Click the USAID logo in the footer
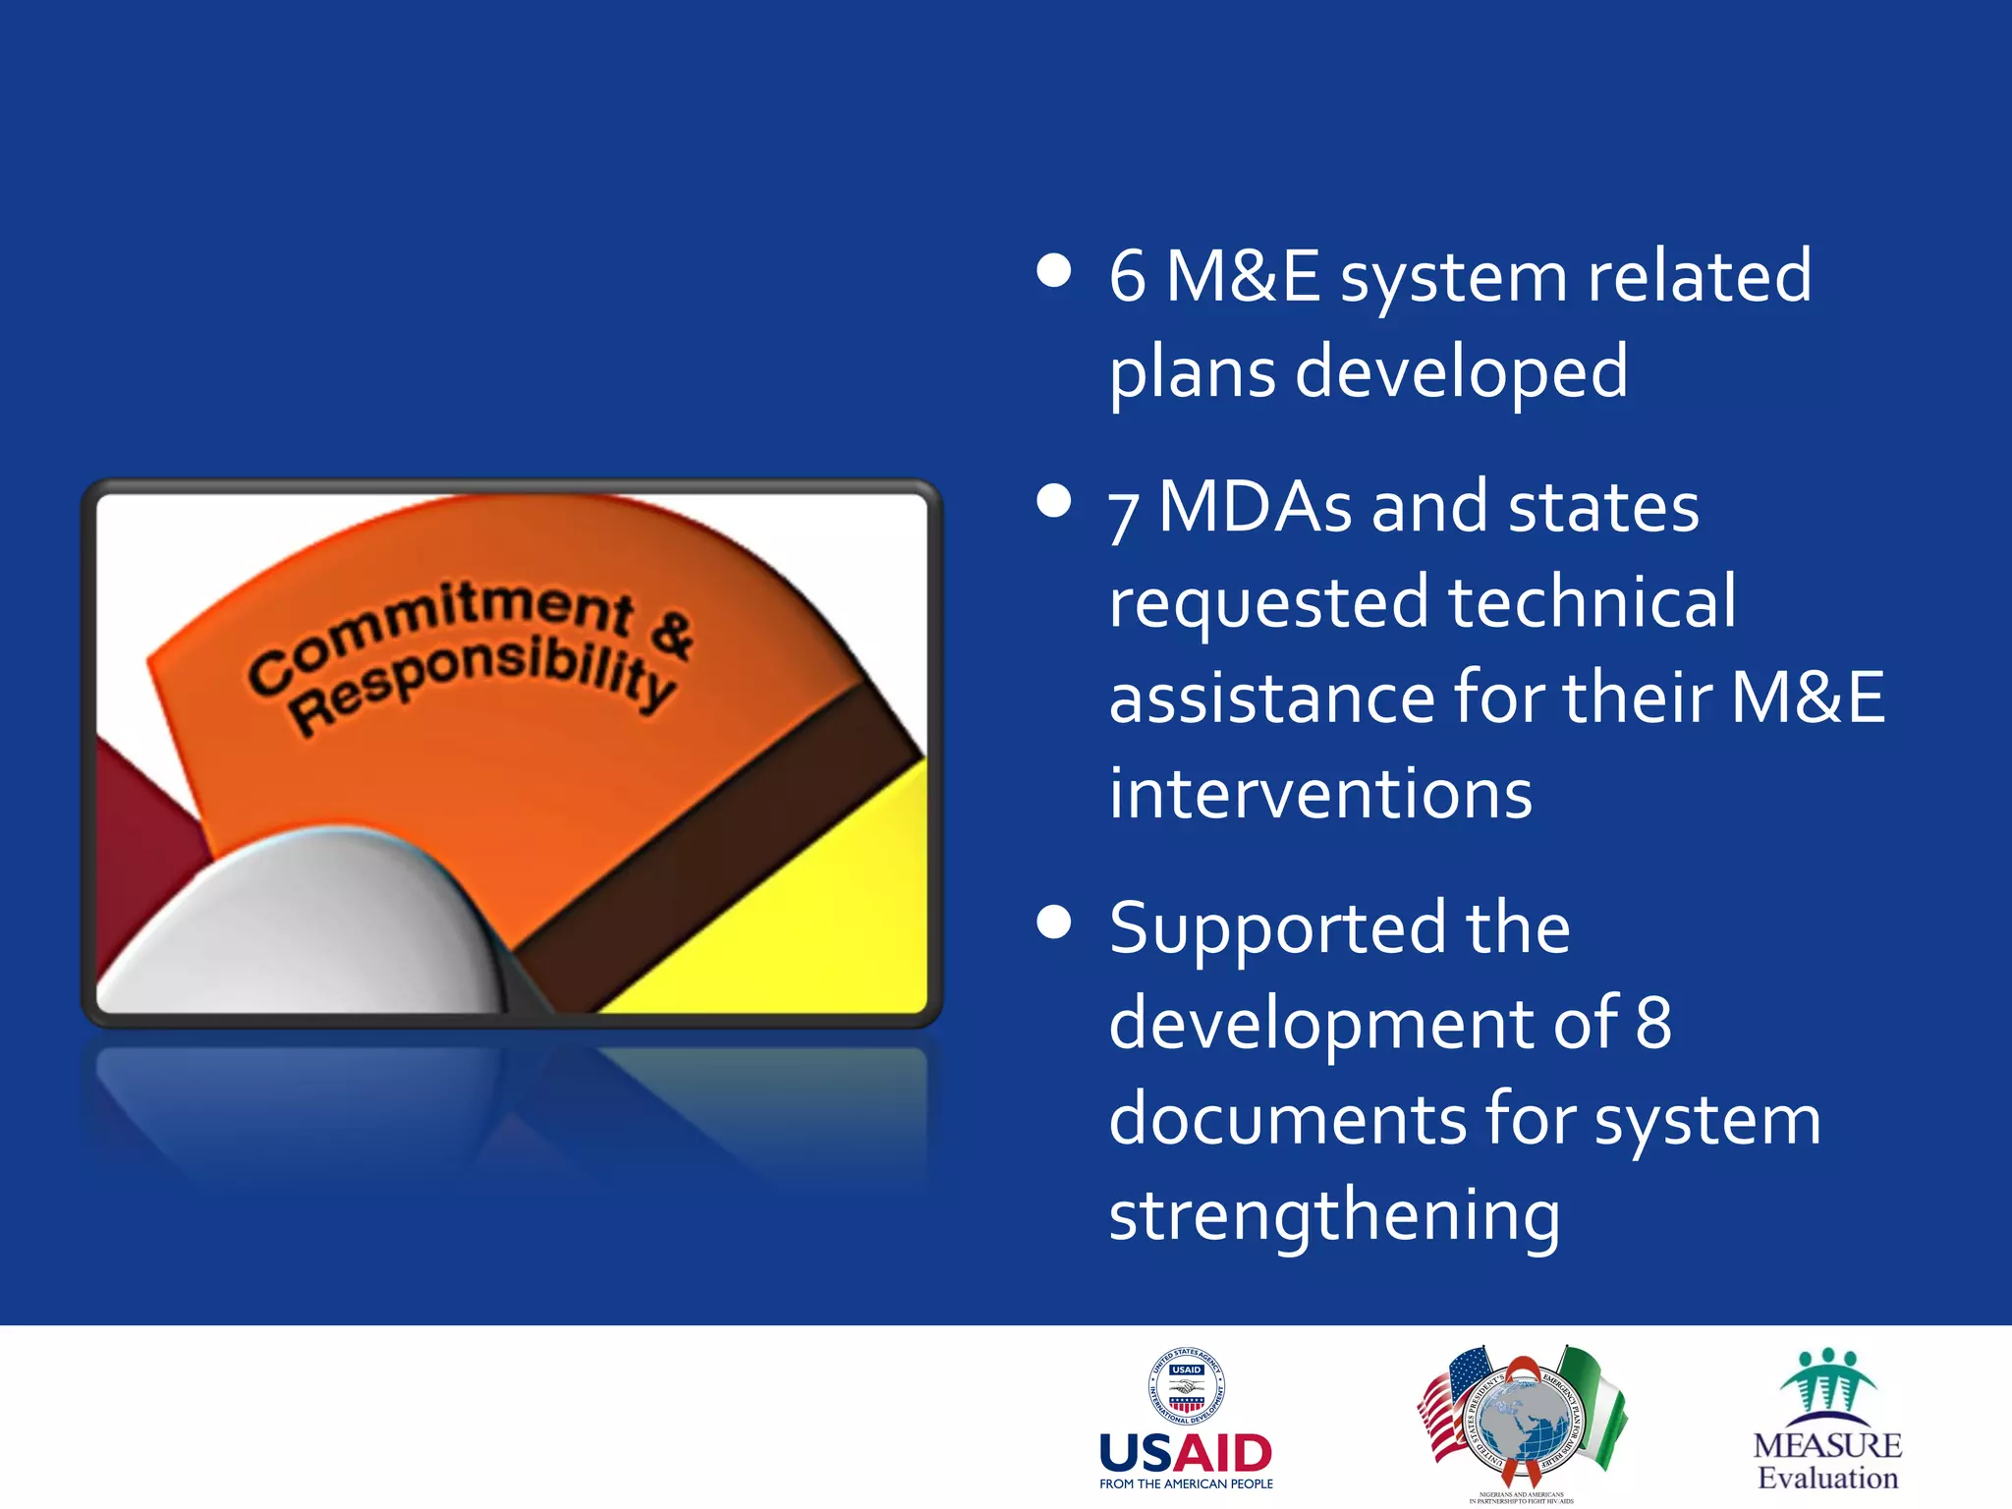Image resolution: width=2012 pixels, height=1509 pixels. pos(1186,1420)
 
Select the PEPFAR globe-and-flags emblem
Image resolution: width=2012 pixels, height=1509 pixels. pos(1522,1420)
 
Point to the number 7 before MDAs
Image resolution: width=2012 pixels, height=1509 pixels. pos(1124,513)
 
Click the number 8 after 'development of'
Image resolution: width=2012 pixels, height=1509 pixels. pos(1653,1023)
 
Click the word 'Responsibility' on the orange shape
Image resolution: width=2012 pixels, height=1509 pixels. pos(481,679)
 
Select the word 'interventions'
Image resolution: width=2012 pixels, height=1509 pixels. pos(1320,793)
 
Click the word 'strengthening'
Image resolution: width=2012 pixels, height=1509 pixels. pos(1334,1215)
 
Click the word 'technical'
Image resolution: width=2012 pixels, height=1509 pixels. pos(1592,601)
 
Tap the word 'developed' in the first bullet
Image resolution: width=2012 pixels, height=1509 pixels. pos(1462,371)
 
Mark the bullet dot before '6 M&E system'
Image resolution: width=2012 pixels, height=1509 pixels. pos(1053,271)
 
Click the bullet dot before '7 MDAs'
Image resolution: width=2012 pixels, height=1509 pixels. pos(1053,501)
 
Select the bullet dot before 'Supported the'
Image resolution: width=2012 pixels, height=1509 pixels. pos(1053,922)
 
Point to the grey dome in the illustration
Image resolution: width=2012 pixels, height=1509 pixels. pos(314,923)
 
